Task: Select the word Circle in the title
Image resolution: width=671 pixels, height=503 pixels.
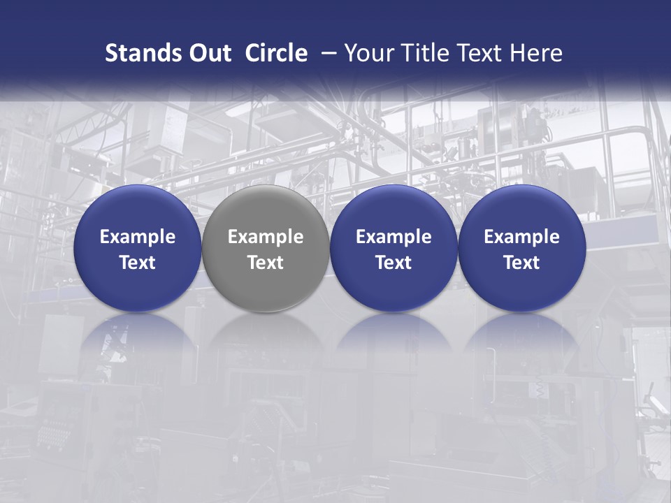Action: tap(276, 53)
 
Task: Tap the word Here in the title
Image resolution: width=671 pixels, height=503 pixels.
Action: tap(536, 53)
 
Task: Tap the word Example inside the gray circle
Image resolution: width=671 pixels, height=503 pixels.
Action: tap(266, 237)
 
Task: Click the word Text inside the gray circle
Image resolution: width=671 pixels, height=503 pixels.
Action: tap(266, 263)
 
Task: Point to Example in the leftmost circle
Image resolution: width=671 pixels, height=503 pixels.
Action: tap(138, 237)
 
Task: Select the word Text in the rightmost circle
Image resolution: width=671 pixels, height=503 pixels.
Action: tap(522, 263)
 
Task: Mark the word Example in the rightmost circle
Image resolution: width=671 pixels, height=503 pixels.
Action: tap(522, 237)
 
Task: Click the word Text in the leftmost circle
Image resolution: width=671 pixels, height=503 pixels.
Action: tap(138, 263)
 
